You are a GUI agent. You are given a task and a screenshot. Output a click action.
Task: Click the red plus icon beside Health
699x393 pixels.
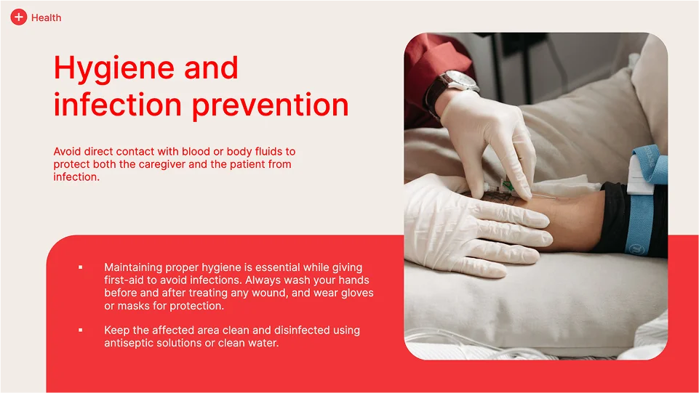19,17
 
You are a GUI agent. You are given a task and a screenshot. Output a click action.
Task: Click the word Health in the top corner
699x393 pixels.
47,18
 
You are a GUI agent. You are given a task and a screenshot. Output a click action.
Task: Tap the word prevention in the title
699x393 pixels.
270,106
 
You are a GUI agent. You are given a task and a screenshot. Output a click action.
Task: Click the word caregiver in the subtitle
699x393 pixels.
161,165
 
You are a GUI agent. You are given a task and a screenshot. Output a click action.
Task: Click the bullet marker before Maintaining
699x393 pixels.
81,267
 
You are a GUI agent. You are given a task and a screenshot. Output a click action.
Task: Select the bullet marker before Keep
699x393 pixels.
81,330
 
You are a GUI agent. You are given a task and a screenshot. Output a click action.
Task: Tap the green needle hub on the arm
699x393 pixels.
506,185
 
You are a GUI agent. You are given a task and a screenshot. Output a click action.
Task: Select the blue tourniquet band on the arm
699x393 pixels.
642,200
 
